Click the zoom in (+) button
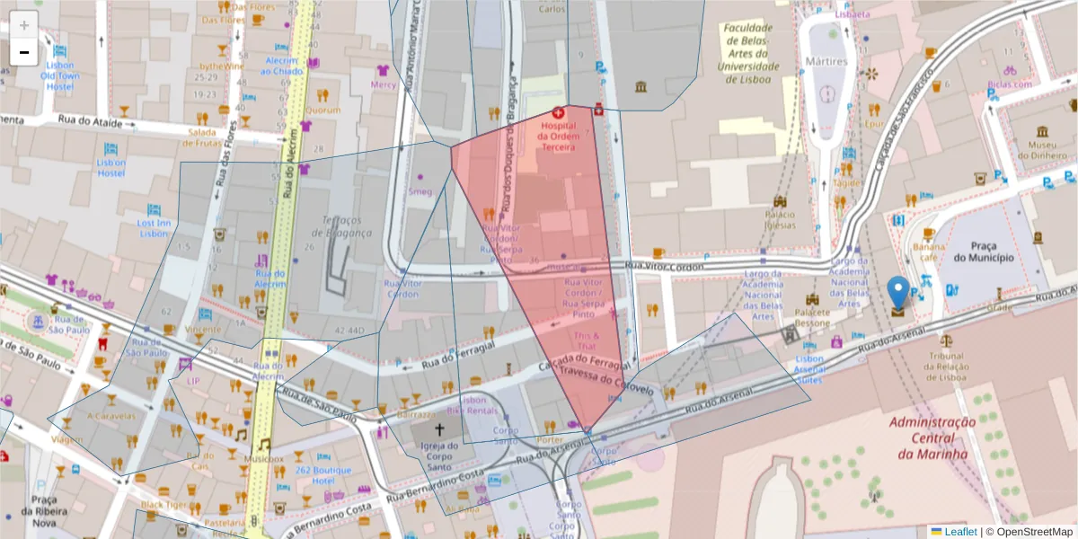[24, 25]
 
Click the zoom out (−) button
[24, 52]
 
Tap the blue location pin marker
[897, 295]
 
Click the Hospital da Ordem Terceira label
[558, 136]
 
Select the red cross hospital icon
[558, 113]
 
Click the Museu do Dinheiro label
[1040, 149]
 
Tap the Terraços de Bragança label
[346, 226]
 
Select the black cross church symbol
[439, 431]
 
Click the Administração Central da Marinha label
[933, 437]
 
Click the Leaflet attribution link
[959, 532]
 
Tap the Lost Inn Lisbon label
[154, 228]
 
